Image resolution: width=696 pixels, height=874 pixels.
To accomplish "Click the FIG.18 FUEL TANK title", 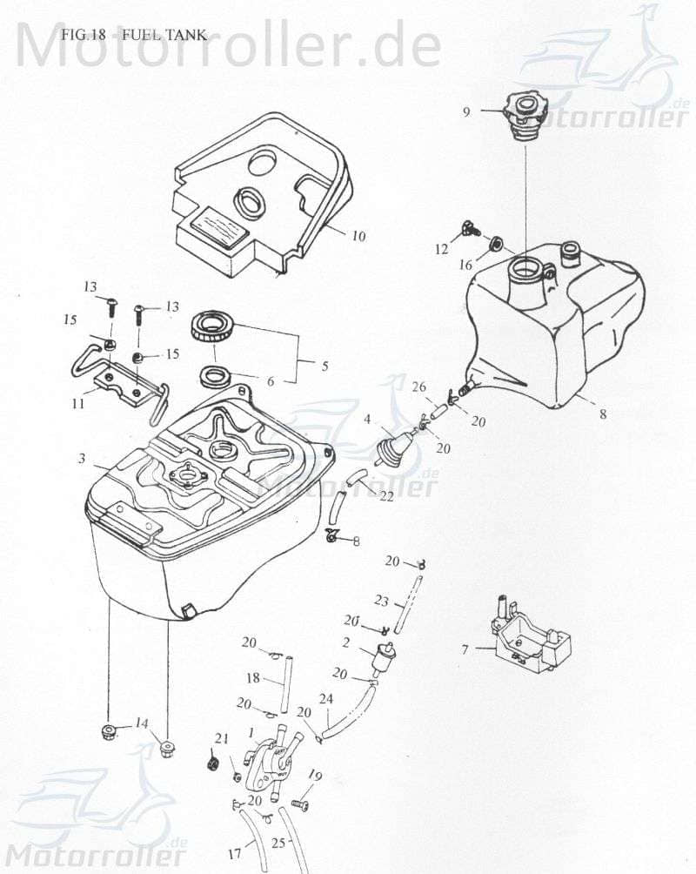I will click(x=134, y=35).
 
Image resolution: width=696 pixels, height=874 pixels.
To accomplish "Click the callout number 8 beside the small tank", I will click(x=602, y=415).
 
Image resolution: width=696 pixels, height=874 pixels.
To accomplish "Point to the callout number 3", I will click(x=81, y=458).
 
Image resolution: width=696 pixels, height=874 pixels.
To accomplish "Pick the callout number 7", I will click(x=465, y=649).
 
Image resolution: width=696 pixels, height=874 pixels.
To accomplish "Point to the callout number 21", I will click(x=222, y=739).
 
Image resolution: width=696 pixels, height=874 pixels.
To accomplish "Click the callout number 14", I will click(x=142, y=723).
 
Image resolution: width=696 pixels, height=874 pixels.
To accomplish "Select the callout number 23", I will click(x=380, y=600).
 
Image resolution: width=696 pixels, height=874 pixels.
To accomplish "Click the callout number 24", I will click(x=326, y=698).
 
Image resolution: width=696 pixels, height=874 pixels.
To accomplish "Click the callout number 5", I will click(x=325, y=366).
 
